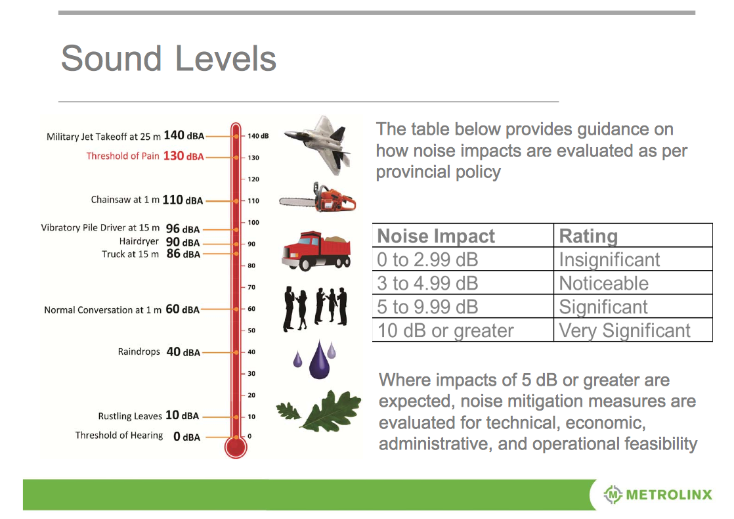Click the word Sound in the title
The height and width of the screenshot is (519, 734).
click(x=112, y=58)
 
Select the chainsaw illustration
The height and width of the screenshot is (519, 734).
click(x=317, y=198)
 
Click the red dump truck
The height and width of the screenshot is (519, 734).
click(x=316, y=250)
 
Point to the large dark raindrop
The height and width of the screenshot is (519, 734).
click(x=320, y=361)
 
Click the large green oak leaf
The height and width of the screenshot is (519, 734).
click(x=332, y=411)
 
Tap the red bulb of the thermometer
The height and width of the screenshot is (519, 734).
click(x=236, y=447)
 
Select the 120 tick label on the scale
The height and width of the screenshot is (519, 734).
click(x=253, y=179)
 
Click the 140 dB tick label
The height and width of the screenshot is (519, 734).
click(x=258, y=136)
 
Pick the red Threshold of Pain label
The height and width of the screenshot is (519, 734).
click(x=145, y=156)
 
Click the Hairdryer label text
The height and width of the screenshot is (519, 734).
click(x=139, y=241)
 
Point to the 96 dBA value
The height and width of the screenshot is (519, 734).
click(x=183, y=229)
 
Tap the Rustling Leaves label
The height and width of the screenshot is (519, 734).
click(x=130, y=416)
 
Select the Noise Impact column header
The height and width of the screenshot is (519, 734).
click(x=436, y=236)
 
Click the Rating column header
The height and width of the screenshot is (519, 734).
click(x=588, y=236)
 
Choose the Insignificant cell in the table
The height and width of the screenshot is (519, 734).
click(x=609, y=260)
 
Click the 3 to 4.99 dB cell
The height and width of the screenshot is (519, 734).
click(x=427, y=283)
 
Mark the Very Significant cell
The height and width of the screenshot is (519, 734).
click(x=624, y=330)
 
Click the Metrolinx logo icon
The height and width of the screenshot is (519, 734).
click(x=613, y=495)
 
